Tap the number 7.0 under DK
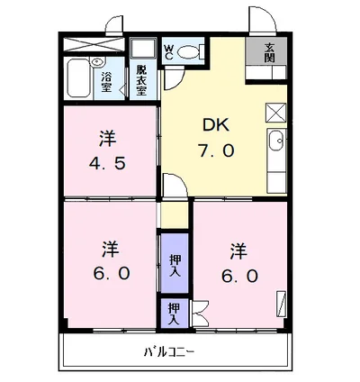point(217,150)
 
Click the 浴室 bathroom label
point(106,82)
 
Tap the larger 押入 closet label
point(175,263)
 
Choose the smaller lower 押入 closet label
point(174,314)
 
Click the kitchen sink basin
point(276,141)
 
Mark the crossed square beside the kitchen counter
point(275,114)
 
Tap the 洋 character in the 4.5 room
point(108,140)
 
